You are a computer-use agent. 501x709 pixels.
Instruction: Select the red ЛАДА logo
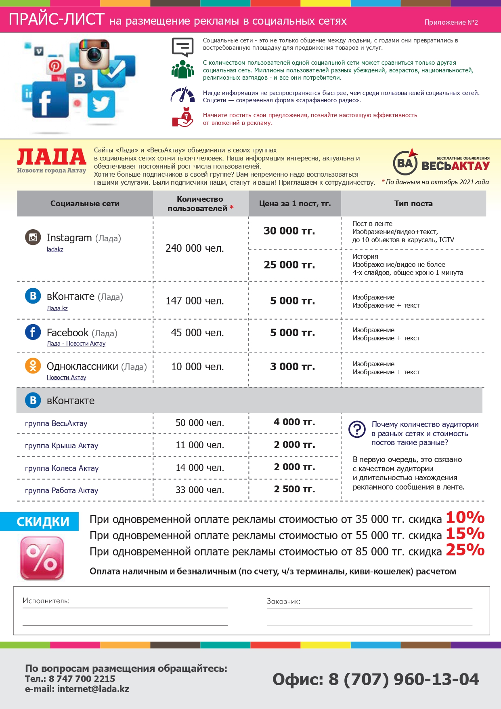[52, 157]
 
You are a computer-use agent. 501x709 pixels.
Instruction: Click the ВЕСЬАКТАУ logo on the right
[441, 163]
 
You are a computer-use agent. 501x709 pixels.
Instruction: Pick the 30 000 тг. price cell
[289, 231]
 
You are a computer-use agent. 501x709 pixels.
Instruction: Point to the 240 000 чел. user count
[195, 248]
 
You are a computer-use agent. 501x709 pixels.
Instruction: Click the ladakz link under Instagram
[55, 249]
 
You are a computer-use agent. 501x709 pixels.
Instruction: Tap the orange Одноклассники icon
[33, 366]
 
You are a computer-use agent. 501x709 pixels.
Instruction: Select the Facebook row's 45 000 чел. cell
[197, 333]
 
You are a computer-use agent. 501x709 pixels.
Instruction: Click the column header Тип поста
[413, 204]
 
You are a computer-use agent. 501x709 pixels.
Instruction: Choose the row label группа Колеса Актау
[62, 468]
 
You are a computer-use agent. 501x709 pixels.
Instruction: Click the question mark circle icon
[357, 429]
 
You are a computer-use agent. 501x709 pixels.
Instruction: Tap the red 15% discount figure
[465, 534]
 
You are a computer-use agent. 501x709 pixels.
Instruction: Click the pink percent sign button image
[42, 558]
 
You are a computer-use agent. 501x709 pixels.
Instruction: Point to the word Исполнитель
[46, 601]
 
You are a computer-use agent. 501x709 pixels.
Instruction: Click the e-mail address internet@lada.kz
[93, 689]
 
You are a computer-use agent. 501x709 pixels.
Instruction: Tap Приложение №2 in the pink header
[451, 22]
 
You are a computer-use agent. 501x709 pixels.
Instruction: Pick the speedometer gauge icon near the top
[182, 95]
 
